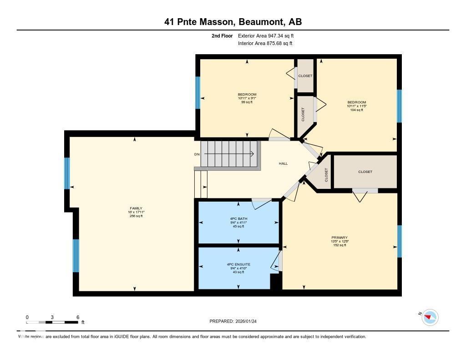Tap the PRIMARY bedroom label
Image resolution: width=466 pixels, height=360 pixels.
point(339,238)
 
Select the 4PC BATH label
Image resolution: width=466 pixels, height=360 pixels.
point(238,218)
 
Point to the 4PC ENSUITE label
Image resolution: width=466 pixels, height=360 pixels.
point(238,264)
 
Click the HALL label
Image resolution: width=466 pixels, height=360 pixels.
point(283,164)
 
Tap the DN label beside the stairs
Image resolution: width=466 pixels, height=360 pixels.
point(197,154)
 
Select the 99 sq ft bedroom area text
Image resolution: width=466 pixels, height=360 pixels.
point(247,102)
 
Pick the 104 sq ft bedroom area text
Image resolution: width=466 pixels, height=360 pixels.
point(356,110)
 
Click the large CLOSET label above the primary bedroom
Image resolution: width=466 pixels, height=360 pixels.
point(365,172)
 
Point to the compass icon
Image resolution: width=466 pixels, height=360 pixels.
point(430,317)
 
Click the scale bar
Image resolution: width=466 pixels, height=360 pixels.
point(52,322)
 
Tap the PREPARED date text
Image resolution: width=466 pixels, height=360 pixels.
point(236,321)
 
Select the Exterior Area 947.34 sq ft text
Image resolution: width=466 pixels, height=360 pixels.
point(269,35)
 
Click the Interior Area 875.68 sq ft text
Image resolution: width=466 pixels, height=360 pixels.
point(265,44)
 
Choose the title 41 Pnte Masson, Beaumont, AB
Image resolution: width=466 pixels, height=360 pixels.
point(233,22)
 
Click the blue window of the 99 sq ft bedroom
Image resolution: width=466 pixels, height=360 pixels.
point(198,92)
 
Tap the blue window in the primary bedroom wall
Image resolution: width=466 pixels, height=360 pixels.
point(400,241)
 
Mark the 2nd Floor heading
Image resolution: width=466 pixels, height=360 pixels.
point(222,35)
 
